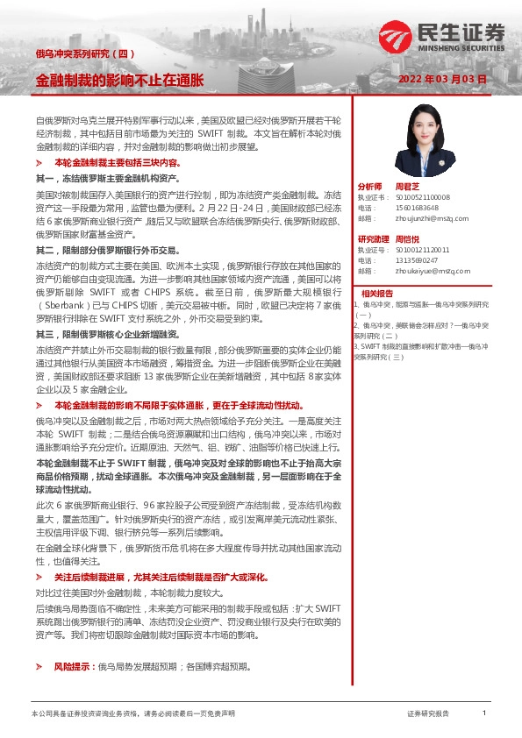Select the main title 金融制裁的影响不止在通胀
point(119,80)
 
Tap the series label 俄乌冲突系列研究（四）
point(84,54)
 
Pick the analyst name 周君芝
point(407,188)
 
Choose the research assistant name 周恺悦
point(407,239)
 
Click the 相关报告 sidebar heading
point(377,293)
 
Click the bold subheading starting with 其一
point(109,177)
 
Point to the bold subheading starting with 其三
point(109,336)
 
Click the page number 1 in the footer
point(484,714)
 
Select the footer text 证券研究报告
point(428,714)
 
